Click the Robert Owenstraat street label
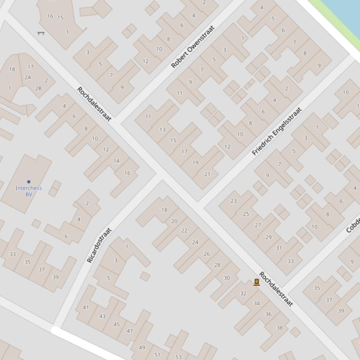193,47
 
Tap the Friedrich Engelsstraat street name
277,131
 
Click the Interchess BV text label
29,191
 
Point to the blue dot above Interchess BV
29,182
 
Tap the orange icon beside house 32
257,282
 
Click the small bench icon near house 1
41,33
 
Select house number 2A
28,78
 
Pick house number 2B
38,88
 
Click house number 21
207,174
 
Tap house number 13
162,130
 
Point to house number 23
234,201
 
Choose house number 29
268,237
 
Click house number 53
178,357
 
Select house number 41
86,308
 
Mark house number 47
130,331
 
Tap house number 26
206,254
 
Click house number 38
279,328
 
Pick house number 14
116,161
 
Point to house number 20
174,222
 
